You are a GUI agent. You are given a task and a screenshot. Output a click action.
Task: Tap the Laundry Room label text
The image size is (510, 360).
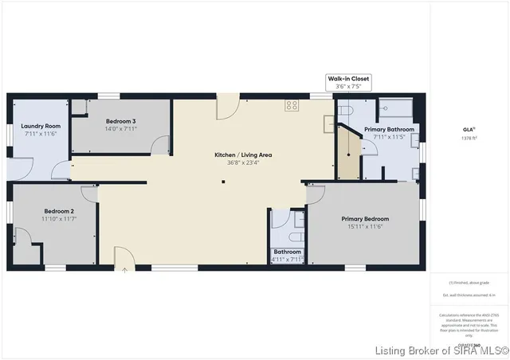41,126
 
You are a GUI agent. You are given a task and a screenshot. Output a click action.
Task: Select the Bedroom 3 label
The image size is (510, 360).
121,121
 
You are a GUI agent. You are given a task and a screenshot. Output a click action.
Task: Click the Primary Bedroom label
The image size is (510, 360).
365,219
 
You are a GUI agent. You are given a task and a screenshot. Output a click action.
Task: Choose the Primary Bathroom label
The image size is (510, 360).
389,129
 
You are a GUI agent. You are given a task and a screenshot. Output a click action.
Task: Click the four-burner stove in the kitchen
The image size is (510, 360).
292,104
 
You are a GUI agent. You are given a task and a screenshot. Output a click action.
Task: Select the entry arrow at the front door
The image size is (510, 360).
124,269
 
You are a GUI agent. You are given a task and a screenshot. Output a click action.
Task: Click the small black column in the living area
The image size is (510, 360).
223,182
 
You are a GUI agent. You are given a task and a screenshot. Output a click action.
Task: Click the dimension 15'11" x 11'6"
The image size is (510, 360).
365,227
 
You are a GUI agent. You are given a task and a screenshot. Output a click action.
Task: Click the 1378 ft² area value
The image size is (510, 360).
469,138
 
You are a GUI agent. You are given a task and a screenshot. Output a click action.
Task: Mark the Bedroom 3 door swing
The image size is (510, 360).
162,143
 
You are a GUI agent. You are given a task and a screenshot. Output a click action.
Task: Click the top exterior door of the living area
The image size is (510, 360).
227,105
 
